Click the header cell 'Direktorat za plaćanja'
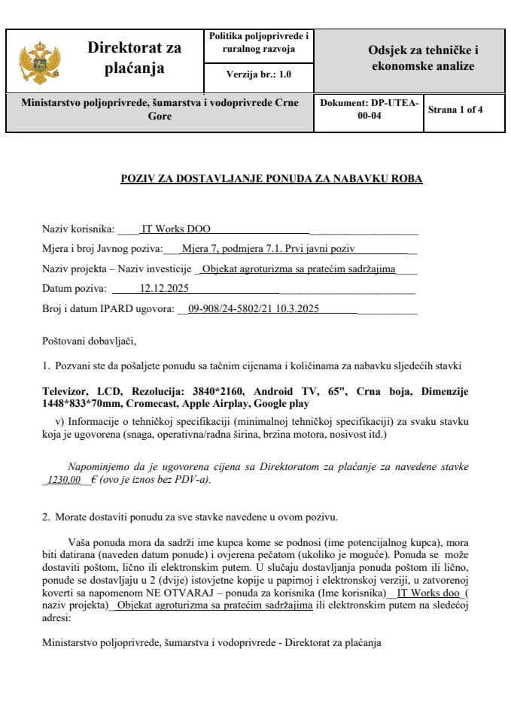(x=135, y=59)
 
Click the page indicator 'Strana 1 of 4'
(x=455, y=110)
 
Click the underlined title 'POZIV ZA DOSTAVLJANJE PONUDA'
(x=272, y=179)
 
